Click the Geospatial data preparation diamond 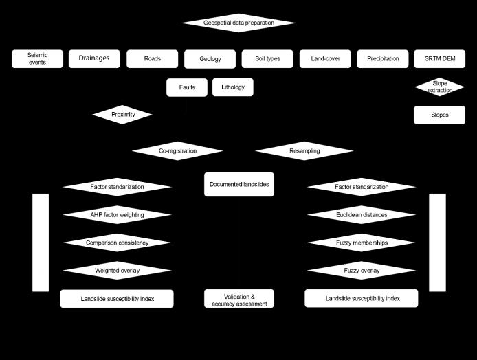[238, 23]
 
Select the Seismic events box [38, 59]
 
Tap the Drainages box [94, 58]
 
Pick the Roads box [152, 59]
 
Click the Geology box [210, 59]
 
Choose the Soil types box [267, 59]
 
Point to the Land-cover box [325, 59]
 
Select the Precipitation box [383, 59]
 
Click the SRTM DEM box [439, 59]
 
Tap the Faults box [186, 88]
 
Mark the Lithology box [233, 88]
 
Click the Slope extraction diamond [439, 87]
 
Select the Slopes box [439, 115]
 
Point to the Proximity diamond [122, 115]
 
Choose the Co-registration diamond [177, 150]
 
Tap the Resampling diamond [304, 150]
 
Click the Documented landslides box [238, 184]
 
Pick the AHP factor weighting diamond [117, 215]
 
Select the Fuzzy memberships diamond [361, 243]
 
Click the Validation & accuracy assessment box [238, 300]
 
